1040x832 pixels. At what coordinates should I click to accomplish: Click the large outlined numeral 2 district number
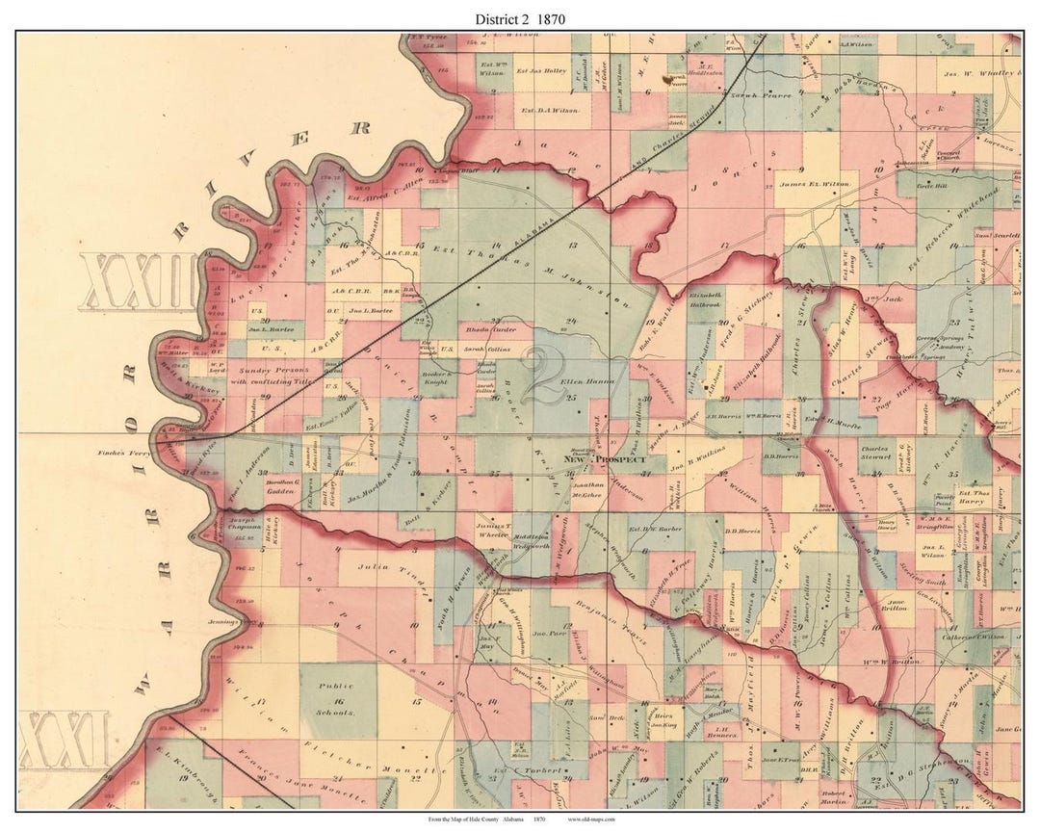543,377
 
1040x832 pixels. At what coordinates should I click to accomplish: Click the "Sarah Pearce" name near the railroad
760,96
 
